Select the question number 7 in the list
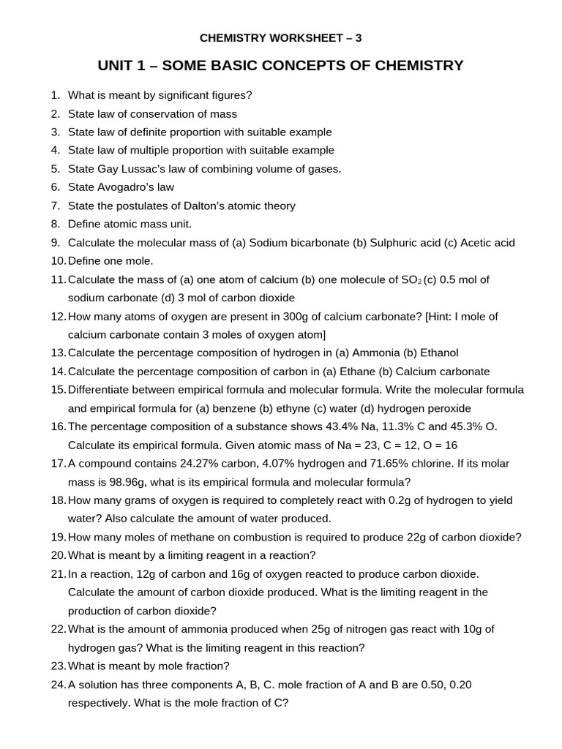(56, 206)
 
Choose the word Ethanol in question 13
(437, 353)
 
